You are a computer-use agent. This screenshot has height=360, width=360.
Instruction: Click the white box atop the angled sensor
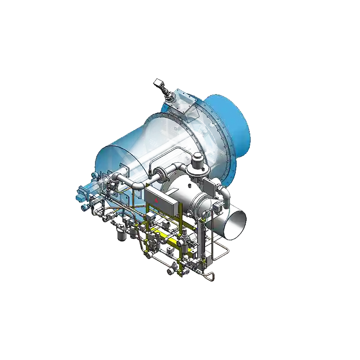[157, 83]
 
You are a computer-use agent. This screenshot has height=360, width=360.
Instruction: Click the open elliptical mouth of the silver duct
[235, 222]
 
